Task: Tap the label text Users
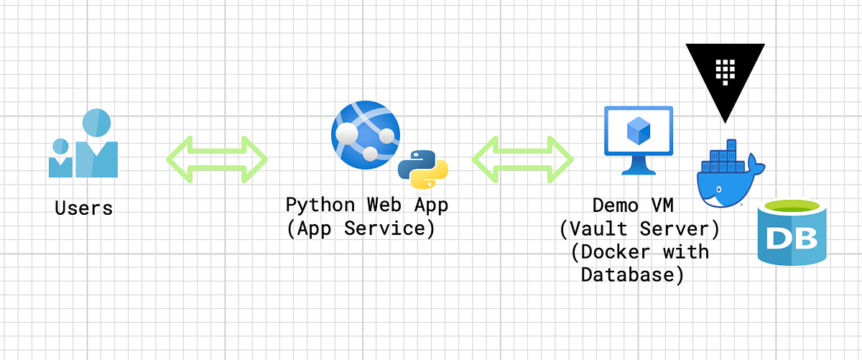(84, 208)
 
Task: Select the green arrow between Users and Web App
(217, 159)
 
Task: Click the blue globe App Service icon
(364, 134)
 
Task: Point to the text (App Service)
(361, 229)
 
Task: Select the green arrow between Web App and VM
(523, 159)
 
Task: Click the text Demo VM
(634, 206)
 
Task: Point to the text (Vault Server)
(639, 229)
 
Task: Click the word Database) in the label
(632, 274)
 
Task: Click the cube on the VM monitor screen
(638, 130)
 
